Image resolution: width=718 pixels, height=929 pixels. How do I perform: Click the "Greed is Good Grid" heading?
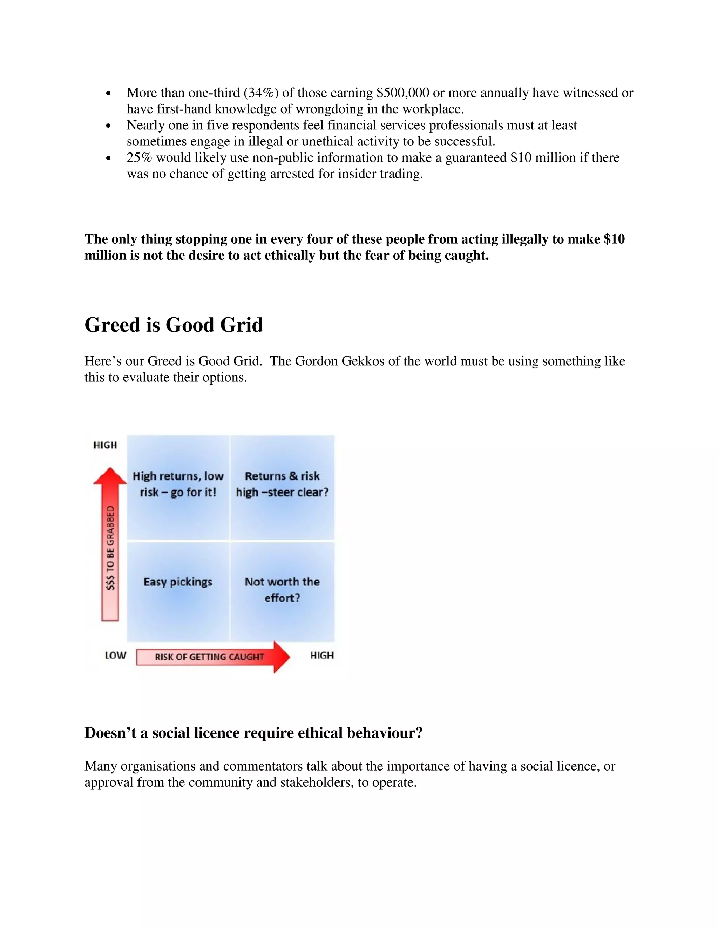pos(174,325)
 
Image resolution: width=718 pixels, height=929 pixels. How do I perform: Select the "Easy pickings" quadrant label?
pos(178,582)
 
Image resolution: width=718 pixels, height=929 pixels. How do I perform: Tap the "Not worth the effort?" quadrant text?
pos(282,590)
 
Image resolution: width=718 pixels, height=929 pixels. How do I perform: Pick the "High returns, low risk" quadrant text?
pos(178,484)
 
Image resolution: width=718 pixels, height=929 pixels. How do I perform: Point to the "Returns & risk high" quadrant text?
pos(282,484)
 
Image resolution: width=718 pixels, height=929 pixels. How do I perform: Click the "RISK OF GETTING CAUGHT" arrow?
pos(213,657)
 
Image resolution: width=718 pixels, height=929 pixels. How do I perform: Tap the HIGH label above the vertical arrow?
pos(105,445)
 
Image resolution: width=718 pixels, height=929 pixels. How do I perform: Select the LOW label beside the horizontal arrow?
pos(115,656)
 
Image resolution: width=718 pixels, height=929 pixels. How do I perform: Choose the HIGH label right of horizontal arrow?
pos(321,656)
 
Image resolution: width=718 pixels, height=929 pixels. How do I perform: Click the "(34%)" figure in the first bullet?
pos(261,93)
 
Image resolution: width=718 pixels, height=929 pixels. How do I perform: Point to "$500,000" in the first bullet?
pos(403,93)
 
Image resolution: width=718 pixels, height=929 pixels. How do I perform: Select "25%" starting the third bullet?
pos(139,158)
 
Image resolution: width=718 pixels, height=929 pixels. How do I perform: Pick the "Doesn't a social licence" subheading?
pos(253,733)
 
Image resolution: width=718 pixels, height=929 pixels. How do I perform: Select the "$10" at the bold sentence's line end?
pos(614,239)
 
